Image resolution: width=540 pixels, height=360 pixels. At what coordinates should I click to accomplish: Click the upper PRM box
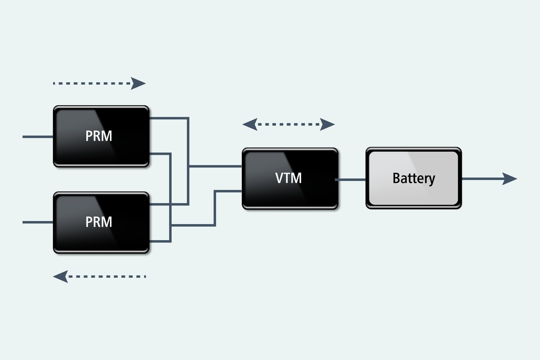point(101,136)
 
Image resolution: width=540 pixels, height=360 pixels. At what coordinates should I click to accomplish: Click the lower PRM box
point(101,222)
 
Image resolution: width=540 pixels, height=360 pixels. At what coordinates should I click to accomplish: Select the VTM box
point(290,179)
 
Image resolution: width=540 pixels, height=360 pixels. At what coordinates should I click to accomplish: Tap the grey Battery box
point(413,179)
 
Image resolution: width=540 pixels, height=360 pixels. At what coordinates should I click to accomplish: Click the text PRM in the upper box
point(99,136)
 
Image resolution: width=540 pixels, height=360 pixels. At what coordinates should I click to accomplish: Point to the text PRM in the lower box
point(99,222)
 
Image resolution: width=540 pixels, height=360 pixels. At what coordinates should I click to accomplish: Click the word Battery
point(414,179)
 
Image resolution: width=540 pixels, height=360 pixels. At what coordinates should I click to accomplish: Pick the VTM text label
point(288,178)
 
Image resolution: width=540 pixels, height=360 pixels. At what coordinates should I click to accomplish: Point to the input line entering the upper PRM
point(38,137)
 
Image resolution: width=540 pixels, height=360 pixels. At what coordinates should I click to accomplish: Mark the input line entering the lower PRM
point(38,222)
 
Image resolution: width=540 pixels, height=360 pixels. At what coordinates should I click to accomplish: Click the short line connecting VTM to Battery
point(351,179)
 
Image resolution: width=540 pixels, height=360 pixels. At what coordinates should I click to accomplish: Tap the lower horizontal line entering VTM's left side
point(228,191)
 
